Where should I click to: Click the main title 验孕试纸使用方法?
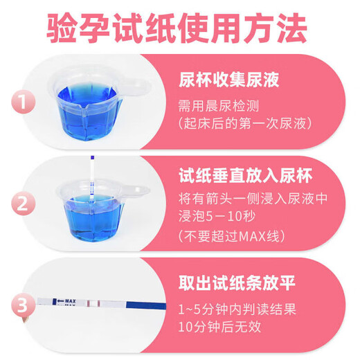point(180,30)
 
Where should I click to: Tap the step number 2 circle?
point(24,204)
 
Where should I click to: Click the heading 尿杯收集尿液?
point(228,80)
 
